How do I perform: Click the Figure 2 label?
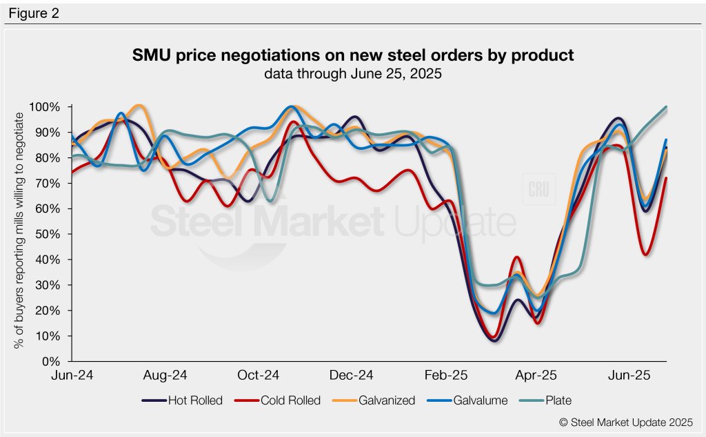point(34,13)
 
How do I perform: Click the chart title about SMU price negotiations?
point(353,55)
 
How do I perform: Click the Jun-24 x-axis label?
point(73,376)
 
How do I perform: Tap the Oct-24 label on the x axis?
point(259,376)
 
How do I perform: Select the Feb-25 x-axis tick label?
point(446,376)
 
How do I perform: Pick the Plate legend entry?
point(548,400)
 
